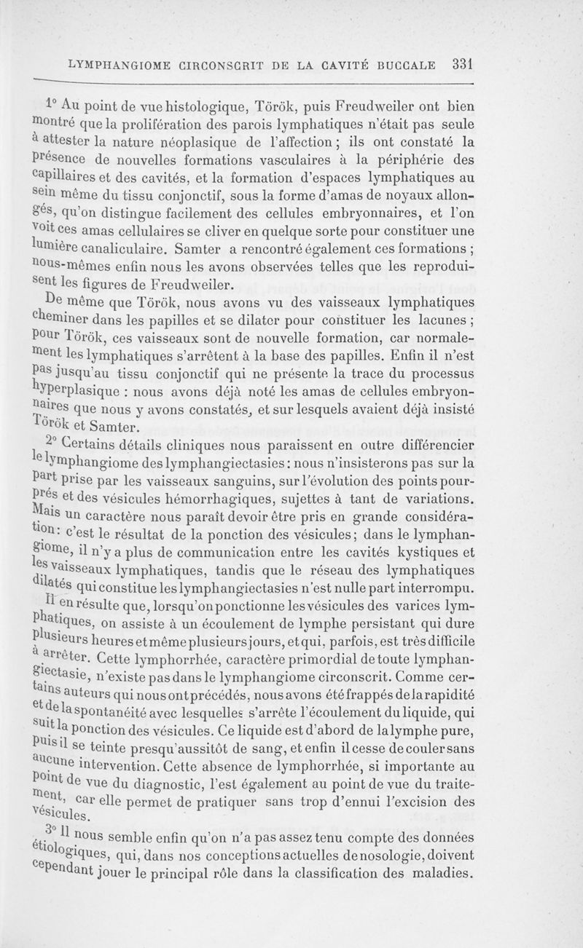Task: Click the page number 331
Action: (463, 63)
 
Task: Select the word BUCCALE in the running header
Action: (404, 64)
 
